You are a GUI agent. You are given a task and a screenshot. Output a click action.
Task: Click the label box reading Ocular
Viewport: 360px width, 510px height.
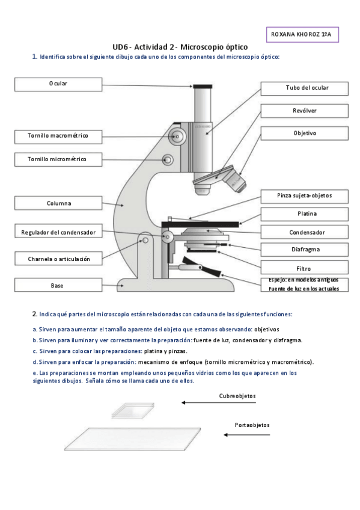(x=58, y=84)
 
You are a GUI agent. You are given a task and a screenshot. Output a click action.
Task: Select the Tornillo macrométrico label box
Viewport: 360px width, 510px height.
(x=58, y=137)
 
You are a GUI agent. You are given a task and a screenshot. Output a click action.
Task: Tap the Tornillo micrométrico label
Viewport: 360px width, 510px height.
(x=58, y=160)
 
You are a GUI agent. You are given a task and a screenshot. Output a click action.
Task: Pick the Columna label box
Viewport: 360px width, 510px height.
(x=58, y=204)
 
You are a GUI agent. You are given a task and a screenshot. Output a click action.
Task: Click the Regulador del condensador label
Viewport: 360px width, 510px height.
(x=58, y=233)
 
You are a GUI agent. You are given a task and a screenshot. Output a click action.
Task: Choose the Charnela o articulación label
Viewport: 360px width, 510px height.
(x=58, y=259)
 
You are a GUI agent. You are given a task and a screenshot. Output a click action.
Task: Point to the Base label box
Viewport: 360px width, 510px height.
(x=58, y=286)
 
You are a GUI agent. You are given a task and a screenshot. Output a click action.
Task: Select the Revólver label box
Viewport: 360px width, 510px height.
(x=304, y=111)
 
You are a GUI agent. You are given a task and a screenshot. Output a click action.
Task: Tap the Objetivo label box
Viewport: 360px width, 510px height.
(x=304, y=134)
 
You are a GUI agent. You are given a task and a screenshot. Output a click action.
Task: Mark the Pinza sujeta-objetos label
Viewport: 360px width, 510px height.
(x=304, y=196)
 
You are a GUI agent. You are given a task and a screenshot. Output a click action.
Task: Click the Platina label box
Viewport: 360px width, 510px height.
(x=304, y=214)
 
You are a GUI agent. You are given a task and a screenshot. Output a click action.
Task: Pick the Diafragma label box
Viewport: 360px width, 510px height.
(x=304, y=250)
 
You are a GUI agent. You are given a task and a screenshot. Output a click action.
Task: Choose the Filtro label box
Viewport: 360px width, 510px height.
(x=304, y=269)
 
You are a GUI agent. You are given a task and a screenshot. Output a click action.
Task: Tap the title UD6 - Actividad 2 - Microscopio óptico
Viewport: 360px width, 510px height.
(x=180, y=47)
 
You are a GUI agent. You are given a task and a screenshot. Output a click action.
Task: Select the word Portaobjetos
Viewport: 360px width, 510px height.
(x=252, y=425)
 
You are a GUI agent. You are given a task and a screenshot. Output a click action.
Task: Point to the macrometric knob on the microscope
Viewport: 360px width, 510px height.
(x=177, y=137)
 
